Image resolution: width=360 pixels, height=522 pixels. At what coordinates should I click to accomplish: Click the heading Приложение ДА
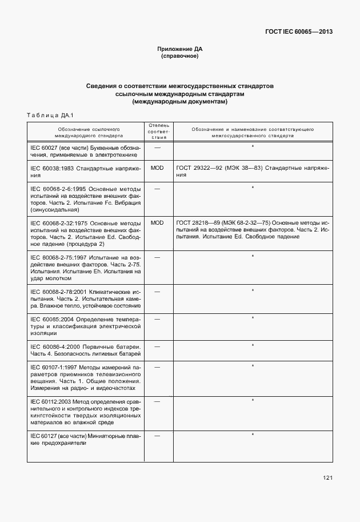pos(180,49)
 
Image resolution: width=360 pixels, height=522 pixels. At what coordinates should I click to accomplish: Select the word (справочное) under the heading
pos(180,57)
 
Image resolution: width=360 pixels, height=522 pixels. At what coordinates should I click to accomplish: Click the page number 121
pos(327,478)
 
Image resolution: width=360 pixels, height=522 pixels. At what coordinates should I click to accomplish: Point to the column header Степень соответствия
pos(157,131)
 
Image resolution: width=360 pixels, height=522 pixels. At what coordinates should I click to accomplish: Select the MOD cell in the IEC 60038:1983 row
pos(157,168)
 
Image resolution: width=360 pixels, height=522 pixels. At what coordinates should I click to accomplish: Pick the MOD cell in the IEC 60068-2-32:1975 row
pos(157,222)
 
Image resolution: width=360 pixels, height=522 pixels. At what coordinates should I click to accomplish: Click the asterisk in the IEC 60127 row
pos(253,435)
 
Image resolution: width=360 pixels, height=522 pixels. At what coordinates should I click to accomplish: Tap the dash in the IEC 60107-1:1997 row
pos(157,366)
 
